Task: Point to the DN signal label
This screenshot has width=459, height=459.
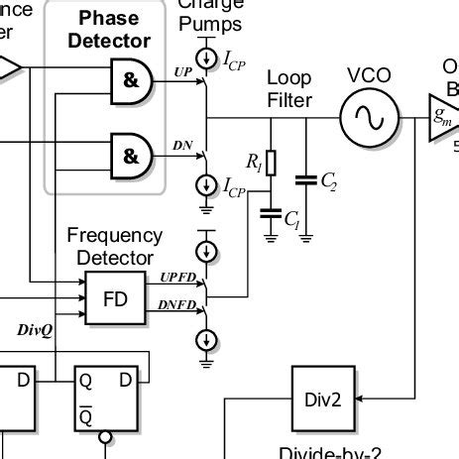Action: click(x=182, y=146)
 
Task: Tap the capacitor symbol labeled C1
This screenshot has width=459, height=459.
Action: click(x=271, y=212)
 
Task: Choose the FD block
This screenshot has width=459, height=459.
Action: click(x=115, y=296)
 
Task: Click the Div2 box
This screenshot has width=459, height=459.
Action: click(x=322, y=400)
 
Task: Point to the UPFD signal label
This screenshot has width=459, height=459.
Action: click(x=178, y=279)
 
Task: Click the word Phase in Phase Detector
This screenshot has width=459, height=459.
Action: click(x=109, y=19)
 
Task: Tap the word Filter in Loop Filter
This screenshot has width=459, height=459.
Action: click(x=289, y=99)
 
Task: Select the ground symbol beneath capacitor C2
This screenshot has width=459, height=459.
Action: click(x=307, y=236)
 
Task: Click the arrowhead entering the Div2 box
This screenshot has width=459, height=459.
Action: click(x=359, y=400)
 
